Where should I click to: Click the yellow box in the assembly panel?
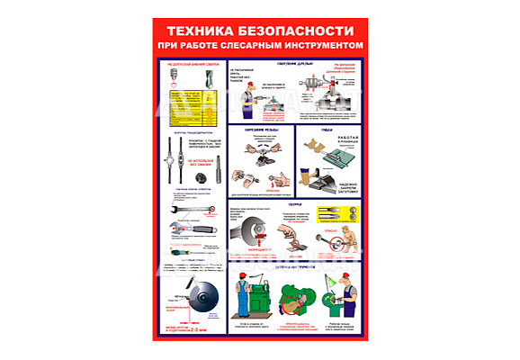tap(336, 214)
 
